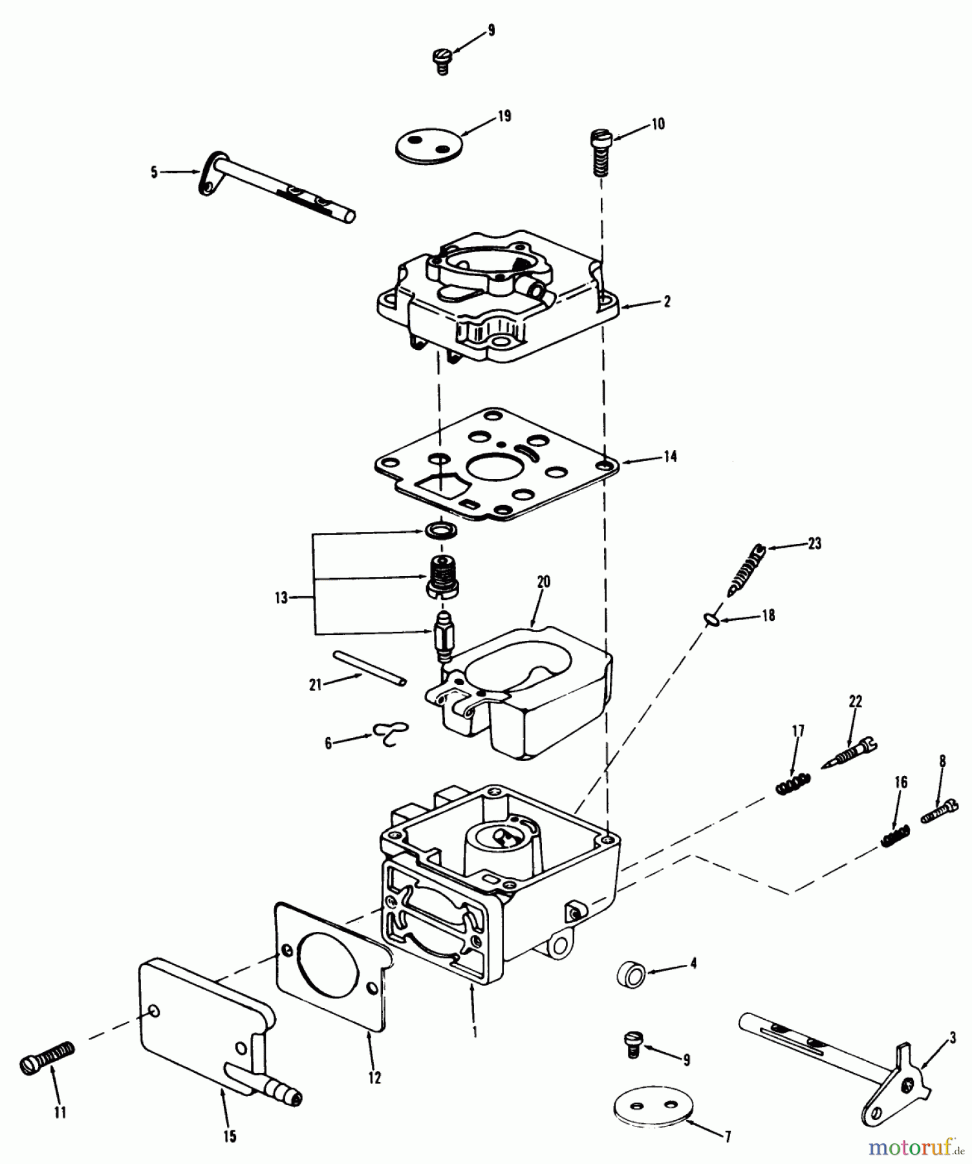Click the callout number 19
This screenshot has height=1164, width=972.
point(504,116)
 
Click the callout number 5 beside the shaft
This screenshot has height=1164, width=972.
point(154,173)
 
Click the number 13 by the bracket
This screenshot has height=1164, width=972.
point(281,598)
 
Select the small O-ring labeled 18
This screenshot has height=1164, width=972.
point(711,620)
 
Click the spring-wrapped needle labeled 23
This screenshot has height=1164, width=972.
point(746,570)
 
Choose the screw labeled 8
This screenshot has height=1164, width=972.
point(938,810)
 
